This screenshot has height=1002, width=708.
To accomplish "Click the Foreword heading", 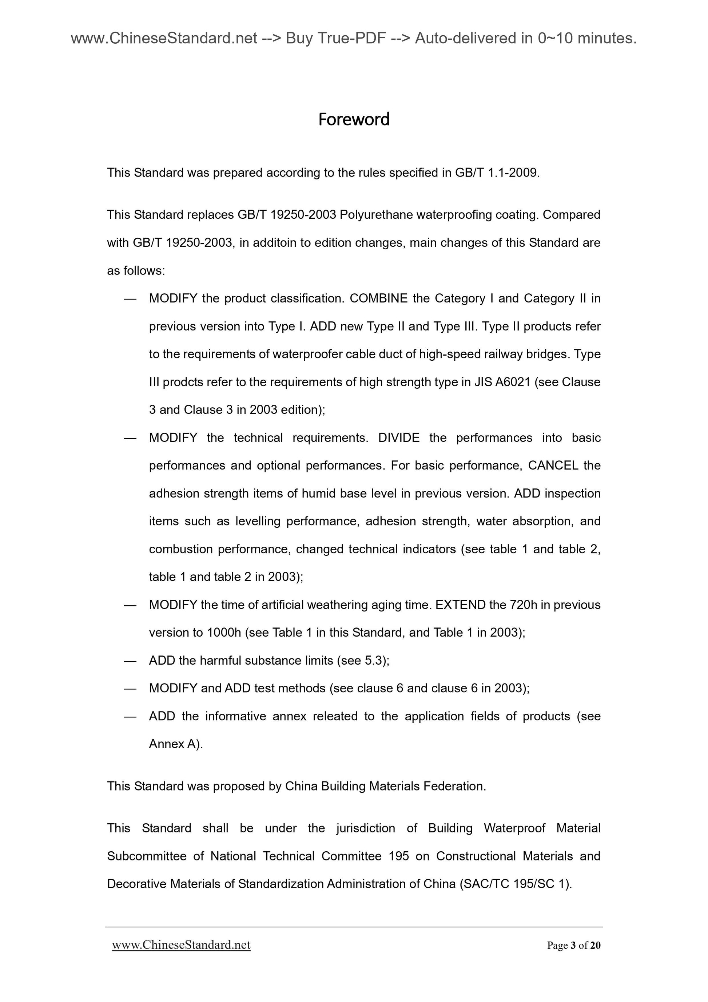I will (353, 119).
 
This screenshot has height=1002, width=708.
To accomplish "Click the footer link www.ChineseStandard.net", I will (181, 945).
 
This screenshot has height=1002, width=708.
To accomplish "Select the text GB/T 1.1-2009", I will (497, 173).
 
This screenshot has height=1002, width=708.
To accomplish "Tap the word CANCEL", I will (553, 465).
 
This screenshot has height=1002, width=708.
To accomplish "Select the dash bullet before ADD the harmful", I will (130, 660).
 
